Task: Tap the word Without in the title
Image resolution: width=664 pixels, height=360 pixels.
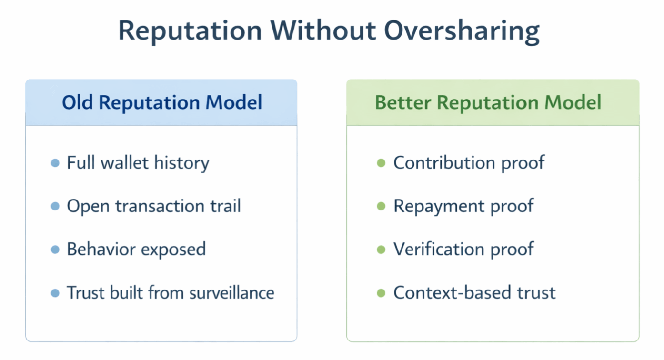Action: point(323,30)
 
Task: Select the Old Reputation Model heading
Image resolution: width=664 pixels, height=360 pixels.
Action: point(162,102)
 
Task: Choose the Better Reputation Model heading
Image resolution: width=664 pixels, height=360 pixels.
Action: point(488,102)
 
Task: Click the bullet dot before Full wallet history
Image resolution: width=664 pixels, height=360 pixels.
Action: point(55,163)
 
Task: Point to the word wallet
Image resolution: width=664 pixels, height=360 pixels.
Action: point(124,162)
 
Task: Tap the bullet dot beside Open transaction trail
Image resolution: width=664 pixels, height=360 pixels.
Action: point(55,206)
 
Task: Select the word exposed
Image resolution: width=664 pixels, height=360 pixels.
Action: point(173,250)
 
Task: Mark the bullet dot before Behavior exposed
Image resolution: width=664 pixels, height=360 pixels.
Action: point(55,250)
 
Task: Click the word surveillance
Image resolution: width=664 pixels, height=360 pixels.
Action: point(232,293)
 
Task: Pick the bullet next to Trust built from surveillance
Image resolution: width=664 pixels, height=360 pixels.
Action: point(55,293)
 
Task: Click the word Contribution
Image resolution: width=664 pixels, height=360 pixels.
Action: point(444,162)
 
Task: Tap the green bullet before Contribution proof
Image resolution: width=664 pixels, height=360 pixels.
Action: point(381,163)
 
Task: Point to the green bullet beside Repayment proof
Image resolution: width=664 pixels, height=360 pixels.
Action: point(381,206)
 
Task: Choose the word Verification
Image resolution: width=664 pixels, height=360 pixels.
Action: point(439,249)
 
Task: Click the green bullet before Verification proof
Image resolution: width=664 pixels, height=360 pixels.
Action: point(381,250)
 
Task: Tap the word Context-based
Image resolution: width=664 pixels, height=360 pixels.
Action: point(453,293)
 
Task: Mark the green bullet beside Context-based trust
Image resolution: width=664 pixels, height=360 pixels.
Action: point(381,293)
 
